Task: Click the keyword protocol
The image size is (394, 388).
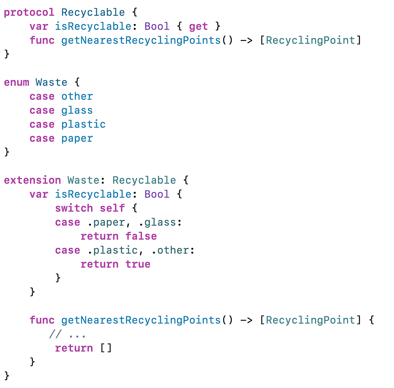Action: [x=29, y=13]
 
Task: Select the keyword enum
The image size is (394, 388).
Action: [x=16, y=82]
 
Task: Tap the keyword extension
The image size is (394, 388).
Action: [x=32, y=180]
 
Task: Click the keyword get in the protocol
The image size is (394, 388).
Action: [x=198, y=27]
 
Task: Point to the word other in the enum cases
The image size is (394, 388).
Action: [x=77, y=96]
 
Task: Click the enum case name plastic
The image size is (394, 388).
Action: [x=83, y=125]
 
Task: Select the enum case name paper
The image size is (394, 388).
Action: [x=77, y=139]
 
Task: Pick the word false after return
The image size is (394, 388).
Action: [x=141, y=236]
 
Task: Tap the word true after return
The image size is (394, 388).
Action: [x=138, y=264]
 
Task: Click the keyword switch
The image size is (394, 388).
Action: [x=74, y=208]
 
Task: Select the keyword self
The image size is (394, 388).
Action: [x=112, y=208]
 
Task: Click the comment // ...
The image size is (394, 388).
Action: [x=55, y=334]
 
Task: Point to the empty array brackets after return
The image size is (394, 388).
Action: [x=106, y=348]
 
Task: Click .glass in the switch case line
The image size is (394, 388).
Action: [x=160, y=222]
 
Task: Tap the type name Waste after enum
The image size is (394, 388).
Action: [x=51, y=82]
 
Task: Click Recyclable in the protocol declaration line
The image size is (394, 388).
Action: [x=93, y=13]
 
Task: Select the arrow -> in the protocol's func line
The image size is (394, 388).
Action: [x=246, y=41]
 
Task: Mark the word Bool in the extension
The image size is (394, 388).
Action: [x=157, y=194]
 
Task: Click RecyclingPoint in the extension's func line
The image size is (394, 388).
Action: [x=310, y=320]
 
